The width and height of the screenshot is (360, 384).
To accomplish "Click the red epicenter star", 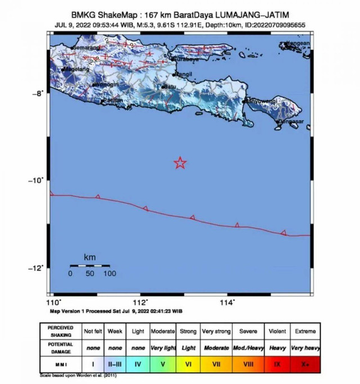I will coord(180,163).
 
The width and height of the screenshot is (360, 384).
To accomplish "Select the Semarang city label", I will coord(86,48).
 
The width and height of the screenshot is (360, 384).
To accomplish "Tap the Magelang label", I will coord(75,69).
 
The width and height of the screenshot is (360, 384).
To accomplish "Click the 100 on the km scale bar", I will coord(109,274).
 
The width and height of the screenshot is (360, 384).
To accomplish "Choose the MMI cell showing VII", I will coord(216,364).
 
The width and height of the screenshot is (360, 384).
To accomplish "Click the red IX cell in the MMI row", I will coord(277,364).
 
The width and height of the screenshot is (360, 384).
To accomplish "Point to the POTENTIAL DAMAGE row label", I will coord(60,347).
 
